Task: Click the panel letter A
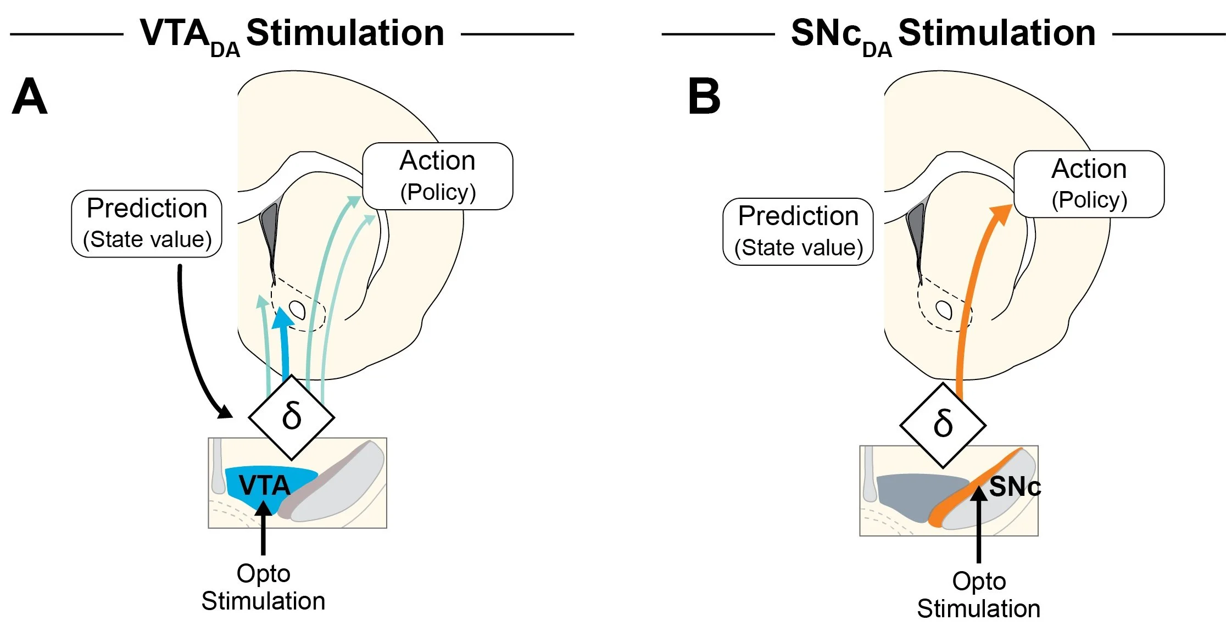30,97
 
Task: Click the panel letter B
704,97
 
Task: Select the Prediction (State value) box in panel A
147,223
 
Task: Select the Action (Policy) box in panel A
438,176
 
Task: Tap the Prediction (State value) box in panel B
798,232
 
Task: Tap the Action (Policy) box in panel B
1089,184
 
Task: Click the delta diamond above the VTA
292,417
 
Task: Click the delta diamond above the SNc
943,424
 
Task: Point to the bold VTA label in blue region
264,485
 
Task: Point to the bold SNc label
1015,487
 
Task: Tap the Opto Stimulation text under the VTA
263,587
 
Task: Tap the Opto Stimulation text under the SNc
979,595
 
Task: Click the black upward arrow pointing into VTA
263,530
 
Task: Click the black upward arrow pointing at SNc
979,527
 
